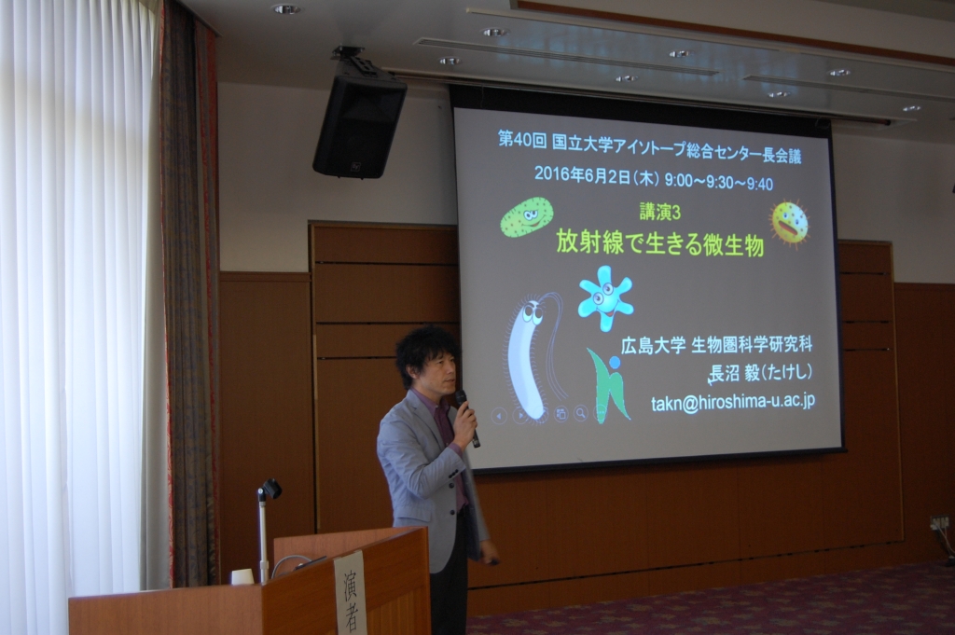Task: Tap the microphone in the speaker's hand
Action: [x=468, y=418]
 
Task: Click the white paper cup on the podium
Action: [x=242, y=576]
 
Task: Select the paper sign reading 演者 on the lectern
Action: [x=351, y=592]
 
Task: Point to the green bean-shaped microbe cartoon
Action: [x=527, y=216]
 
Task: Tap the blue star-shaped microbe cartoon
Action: [x=605, y=297]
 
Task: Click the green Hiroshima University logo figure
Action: [x=608, y=385]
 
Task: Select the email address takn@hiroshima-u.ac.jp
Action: [x=733, y=402]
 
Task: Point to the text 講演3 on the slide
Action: [x=659, y=213]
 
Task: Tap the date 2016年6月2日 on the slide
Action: [x=582, y=174]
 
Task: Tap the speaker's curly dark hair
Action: [x=427, y=352]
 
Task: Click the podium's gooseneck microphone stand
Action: [x=264, y=530]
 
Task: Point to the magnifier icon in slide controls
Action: [x=580, y=414]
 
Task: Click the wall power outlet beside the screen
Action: [x=940, y=522]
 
